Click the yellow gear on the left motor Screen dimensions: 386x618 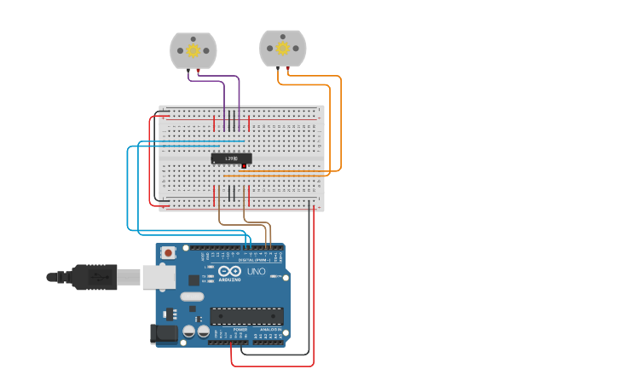(193, 51)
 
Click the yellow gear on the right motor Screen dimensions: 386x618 (282, 49)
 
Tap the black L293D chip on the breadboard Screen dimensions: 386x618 (230, 158)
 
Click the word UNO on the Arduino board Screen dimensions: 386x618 (257, 272)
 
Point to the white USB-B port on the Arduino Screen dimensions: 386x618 (159, 276)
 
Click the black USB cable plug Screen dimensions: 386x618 (94, 277)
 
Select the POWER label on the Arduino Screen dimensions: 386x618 (240, 329)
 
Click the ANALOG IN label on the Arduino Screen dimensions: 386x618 (270, 329)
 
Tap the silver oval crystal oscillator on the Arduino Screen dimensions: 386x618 (192, 297)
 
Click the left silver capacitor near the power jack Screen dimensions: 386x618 (189, 331)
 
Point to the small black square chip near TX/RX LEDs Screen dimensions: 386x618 (193, 279)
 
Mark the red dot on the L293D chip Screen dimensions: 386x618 (244, 164)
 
